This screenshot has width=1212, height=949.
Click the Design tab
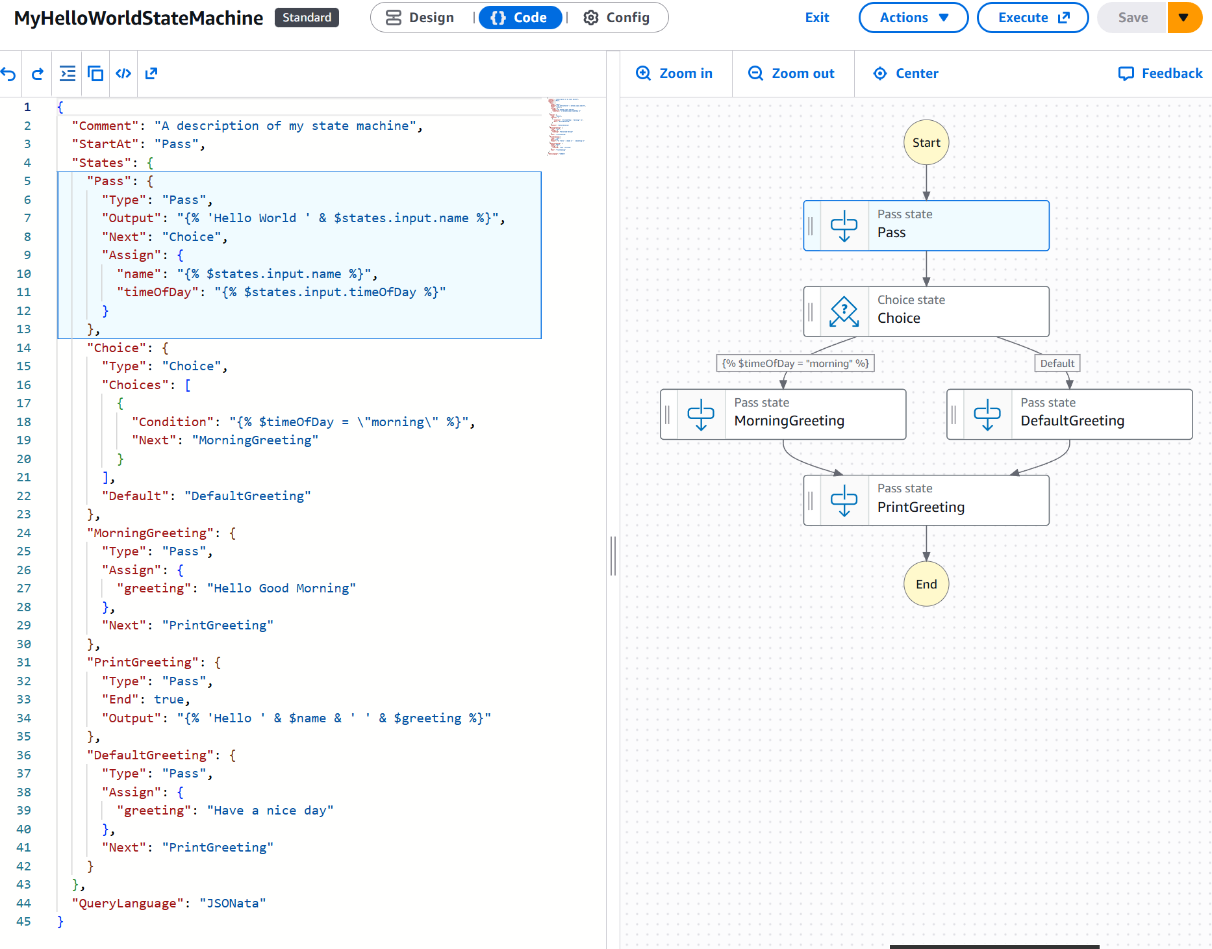coord(420,18)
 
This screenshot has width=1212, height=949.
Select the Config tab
coord(616,18)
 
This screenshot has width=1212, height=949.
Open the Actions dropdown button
coord(913,18)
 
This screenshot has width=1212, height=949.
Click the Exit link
coord(816,18)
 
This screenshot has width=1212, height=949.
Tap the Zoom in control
coord(674,73)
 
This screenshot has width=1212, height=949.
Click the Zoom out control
coord(791,73)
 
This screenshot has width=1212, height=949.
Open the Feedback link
coord(1160,73)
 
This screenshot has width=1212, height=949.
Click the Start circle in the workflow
coord(926,142)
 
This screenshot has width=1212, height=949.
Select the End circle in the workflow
coord(926,584)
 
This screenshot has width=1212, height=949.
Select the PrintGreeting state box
coord(926,500)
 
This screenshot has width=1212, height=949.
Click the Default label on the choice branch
coord(1057,363)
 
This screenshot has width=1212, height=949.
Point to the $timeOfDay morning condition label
coord(795,363)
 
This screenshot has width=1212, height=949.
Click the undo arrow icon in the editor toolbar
coord(8,73)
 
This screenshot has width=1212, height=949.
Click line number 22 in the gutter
coord(24,496)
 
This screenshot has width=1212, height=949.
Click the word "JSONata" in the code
coord(232,903)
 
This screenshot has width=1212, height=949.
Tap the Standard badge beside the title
coord(307,18)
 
